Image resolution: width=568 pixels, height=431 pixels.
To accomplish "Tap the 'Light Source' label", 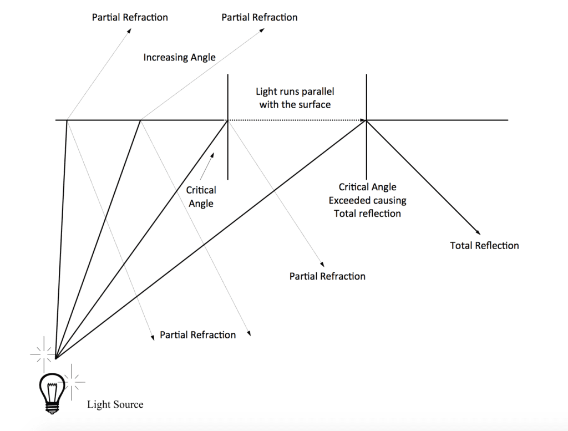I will point(115,404).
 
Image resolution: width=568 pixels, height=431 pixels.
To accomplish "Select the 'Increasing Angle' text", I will point(180,57).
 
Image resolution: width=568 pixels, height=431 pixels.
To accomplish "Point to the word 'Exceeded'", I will point(350,200).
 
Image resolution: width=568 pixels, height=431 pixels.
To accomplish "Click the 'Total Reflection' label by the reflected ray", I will point(484,246).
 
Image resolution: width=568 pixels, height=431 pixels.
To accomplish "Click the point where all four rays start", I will point(55,359).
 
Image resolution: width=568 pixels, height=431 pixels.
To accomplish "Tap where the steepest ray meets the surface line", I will point(67,120).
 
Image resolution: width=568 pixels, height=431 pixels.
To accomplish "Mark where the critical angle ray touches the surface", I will point(227,120).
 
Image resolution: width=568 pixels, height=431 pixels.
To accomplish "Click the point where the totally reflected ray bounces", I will point(366,120).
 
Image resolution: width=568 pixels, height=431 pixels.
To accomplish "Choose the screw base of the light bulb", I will point(52,408).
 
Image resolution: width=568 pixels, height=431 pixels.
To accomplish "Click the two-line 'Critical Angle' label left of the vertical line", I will point(201,197).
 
